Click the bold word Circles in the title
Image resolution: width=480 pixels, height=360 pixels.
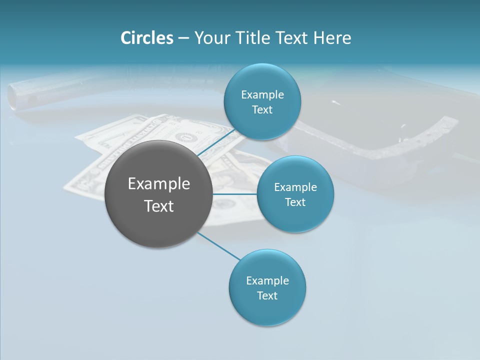click(147, 38)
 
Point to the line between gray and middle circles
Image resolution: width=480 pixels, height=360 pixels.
click(234, 194)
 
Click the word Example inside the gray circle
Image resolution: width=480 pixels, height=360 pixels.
click(159, 184)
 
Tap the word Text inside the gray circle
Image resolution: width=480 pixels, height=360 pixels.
click(159, 206)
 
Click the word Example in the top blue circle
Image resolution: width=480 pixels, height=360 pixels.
click(262, 95)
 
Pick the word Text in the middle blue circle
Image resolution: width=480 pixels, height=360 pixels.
click(295, 202)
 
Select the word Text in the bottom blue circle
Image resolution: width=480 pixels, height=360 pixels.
click(267, 295)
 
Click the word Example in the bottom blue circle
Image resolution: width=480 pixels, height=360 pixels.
click(267, 280)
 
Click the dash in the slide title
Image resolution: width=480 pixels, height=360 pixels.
click(183, 38)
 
